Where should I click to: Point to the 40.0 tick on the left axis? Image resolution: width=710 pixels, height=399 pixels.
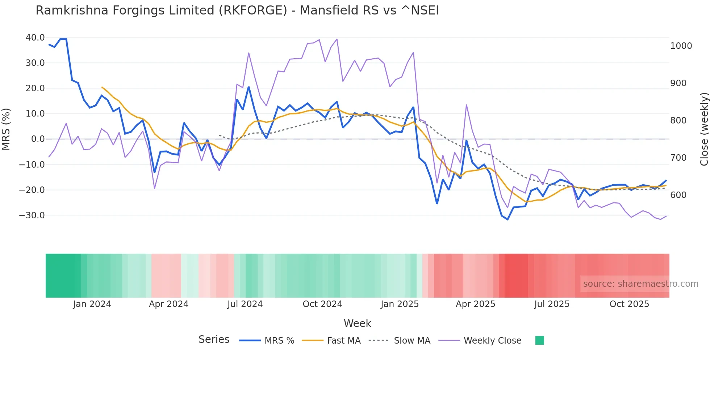pyautogui.click(x=35, y=38)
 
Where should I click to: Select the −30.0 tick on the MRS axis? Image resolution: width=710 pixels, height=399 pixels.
pyautogui.click(x=32, y=215)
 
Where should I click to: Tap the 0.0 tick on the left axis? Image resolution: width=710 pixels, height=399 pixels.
pyautogui.click(x=38, y=139)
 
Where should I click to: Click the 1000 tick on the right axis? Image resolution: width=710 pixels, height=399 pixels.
pyautogui.click(x=681, y=46)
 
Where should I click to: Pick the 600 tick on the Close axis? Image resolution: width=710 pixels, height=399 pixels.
pyautogui.click(x=678, y=195)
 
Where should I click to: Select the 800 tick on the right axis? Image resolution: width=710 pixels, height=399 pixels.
pyautogui.click(x=678, y=121)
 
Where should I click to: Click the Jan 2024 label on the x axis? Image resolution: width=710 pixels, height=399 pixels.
pyautogui.click(x=92, y=304)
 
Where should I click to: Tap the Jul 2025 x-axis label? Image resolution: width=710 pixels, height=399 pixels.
pyautogui.click(x=552, y=304)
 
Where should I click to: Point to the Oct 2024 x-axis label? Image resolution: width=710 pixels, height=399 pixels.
pyautogui.click(x=322, y=304)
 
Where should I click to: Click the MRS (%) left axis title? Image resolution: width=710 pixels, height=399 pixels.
pyautogui.click(x=6, y=129)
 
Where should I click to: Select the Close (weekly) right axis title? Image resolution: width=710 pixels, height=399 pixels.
pyautogui.click(x=704, y=129)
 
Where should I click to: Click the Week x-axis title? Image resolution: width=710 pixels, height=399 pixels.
pyautogui.click(x=357, y=323)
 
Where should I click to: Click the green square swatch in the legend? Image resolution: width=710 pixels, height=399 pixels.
pyautogui.click(x=539, y=340)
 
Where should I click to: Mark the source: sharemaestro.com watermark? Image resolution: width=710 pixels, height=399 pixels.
pyautogui.click(x=640, y=284)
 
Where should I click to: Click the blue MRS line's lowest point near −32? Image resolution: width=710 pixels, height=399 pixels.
pyautogui.click(x=508, y=219)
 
